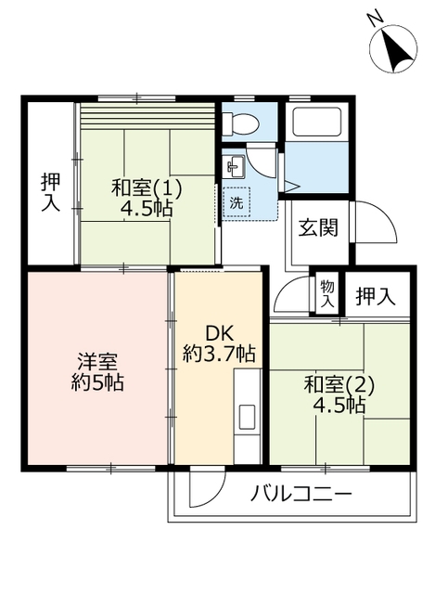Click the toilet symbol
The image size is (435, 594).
pyautogui.click(x=240, y=123)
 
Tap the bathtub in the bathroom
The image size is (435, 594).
pyautogui.click(x=313, y=123)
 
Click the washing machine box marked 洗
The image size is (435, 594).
pyautogui.click(x=237, y=202)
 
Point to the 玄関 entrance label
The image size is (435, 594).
pyautogui.click(x=318, y=227)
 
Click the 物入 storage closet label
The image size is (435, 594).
pyautogui.click(x=327, y=294)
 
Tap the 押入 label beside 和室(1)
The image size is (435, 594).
pyautogui.click(x=50, y=192)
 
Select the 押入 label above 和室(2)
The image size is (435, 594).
pyautogui.click(x=376, y=296)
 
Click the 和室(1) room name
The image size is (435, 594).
pyautogui.click(x=147, y=188)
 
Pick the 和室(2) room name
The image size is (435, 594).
pyautogui.click(x=339, y=386)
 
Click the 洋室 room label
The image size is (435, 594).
pyautogui.click(x=97, y=362)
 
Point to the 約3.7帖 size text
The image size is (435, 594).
pyautogui.click(x=219, y=354)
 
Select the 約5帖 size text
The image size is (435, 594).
pyautogui.click(x=97, y=382)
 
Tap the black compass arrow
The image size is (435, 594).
pyautogui.click(x=396, y=51)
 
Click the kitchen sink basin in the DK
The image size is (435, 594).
pyautogui.click(x=248, y=417)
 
